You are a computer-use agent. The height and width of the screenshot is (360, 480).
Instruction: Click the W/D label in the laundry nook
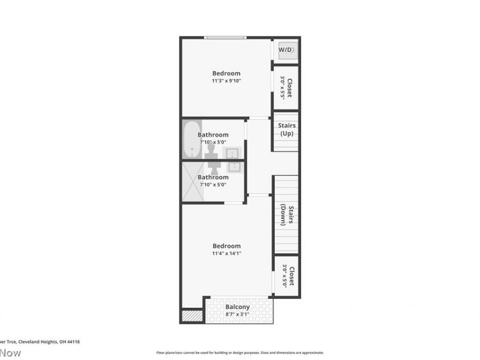point(286,50)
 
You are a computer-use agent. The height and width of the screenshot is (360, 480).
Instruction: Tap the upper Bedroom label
point(226,73)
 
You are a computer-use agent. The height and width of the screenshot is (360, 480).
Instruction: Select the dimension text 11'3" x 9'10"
point(226,81)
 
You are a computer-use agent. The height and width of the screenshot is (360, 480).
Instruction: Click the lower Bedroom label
point(226,246)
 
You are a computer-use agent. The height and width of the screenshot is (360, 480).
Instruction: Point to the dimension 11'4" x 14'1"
point(226,254)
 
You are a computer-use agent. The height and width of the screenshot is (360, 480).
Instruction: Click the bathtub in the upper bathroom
point(192,140)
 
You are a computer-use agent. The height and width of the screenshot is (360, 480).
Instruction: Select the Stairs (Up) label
point(287,129)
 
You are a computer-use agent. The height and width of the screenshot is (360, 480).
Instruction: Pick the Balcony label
point(238,307)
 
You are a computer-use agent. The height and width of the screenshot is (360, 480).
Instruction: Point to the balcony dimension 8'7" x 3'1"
point(238,314)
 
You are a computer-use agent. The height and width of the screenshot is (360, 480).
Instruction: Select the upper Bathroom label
point(213,135)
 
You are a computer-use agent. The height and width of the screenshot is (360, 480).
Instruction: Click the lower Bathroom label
point(213,177)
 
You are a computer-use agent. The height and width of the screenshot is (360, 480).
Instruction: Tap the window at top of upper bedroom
point(224,38)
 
